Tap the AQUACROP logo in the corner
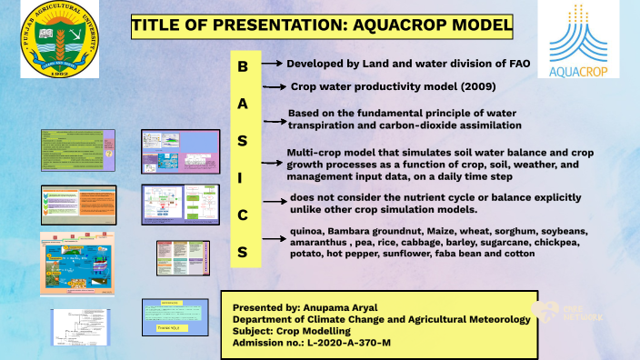(577, 40)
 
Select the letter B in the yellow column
(242, 67)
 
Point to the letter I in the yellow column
(242, 178)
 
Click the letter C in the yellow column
(242, 215)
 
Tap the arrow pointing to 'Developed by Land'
(274, 65)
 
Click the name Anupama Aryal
(353, 307)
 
